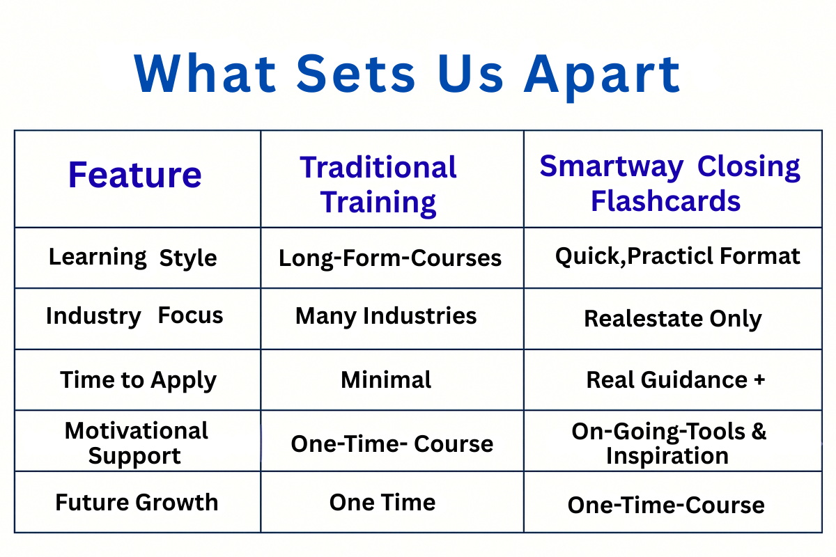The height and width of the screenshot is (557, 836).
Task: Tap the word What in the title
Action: tap(205, 73)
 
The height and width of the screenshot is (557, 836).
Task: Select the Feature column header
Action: tap(134, 175)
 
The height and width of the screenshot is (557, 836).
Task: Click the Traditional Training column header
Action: tap(378, 185)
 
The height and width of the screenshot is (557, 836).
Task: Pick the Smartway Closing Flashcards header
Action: tap(669, 184)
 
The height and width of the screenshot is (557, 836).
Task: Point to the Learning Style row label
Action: tap(132, 258)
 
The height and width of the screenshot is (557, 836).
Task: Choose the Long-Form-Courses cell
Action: tap(390, 258)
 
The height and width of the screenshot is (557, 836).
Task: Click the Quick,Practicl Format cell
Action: tap(677, 256)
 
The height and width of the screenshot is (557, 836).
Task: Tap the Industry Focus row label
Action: tap(134, 316)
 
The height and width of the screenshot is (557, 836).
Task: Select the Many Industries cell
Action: tap(386, 316)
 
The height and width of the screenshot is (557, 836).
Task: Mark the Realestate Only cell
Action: tap(673, 319)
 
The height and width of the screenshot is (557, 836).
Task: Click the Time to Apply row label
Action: tap(138, 380)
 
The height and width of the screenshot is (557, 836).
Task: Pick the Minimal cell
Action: tap(386, 379)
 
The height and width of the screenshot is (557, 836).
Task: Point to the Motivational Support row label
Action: tap(136, 444)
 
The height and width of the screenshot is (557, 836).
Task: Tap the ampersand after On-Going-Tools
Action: tap(759, 431)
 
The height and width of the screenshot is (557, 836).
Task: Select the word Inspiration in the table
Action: tap(667, 456)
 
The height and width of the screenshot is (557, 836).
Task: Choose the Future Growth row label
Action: tap(137, 502)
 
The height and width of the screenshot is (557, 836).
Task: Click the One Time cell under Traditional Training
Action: tap(382, 502)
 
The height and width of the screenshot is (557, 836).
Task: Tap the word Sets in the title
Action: tap(356, 73)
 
